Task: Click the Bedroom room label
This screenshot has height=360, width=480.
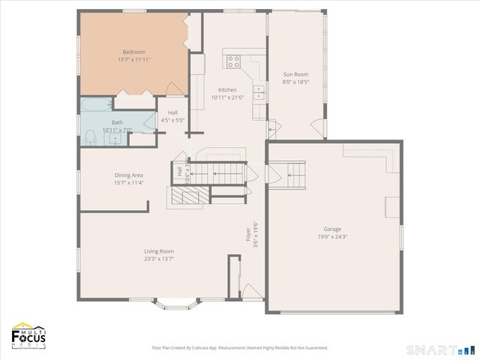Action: click(x=133, y=52)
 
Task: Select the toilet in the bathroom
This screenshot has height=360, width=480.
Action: click(x=90, y=135)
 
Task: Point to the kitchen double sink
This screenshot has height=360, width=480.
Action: click(x=258, y=92)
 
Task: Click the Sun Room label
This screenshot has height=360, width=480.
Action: click(x=295, y=74)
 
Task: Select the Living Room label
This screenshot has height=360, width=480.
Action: click(x=159, y=251)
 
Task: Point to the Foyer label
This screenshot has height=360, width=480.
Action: click(x=249, y=235)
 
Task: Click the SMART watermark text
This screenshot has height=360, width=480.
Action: click(x=431, y=350)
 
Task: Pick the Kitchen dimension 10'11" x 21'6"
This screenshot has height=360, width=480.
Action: click(x=227, y=97)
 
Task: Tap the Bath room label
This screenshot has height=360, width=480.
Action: click(x=118, y=122)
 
